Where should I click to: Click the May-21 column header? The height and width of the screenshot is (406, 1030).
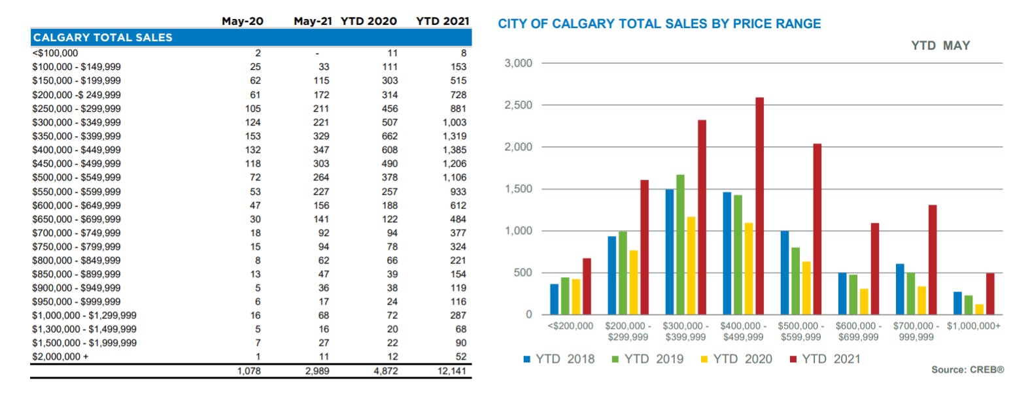pyautogui.click(x=313, y=21)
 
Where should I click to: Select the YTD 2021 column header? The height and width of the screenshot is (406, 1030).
pyautogui.click(x=442, y=21)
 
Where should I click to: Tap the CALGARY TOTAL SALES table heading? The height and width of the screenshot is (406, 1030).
pyautogui.click(x=103, y=37)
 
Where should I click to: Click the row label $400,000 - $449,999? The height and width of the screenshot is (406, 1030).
pyautogui.click(x=77, y=150)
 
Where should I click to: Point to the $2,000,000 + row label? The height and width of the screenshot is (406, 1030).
pyautogui.click(x=60, y=356)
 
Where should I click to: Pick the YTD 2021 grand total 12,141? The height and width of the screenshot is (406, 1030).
pyautogui.click(x=452, y=371)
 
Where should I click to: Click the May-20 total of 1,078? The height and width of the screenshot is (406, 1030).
pyautogui.click(x=249, y=371)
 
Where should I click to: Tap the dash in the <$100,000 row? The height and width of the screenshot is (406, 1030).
pyautogui.click(x=317, y=53)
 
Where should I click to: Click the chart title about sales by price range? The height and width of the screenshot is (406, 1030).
pyautogui.click(x=659, y=24)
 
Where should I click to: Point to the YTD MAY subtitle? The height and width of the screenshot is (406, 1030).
pyautogui.click(x=940, y=46)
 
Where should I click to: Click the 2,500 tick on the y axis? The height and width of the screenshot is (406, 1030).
pyautogui.click(x=518, y=105)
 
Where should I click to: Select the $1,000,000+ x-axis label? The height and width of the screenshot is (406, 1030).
pyautogui.click(x=973, y=326)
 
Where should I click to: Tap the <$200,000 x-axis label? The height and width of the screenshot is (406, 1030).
pyautogui.click(x=570, y=326)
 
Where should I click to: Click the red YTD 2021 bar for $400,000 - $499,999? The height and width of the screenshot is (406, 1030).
pyautogui.click(x=759, y=206)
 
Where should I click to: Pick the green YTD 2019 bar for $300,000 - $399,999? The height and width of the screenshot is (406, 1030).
pyautogui.click(x=680, y=245)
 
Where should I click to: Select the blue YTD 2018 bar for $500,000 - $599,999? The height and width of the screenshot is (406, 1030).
pyautogui.click(x=785, y=273)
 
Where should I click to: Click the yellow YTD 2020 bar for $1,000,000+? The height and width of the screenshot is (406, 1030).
pyautogui.click(x=979, y=309)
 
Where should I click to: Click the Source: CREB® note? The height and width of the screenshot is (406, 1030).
pyautogui.click(x=967, y=370)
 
